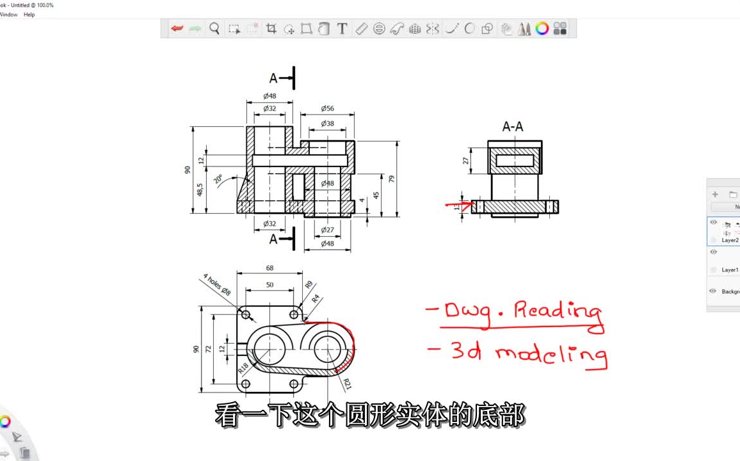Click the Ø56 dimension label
click(327, 109)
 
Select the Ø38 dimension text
click(327, 124)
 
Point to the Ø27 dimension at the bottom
click(327, 230)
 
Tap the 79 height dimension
click(392, 179)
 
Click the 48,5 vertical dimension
click(200, 190)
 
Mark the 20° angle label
click(219, 179)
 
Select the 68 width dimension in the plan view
click(269, 268)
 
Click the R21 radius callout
click(346, 384)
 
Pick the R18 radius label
click(243, 368)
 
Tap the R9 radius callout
click(309, 285)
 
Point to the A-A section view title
click(512, 127)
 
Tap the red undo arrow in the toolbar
click(177, 28)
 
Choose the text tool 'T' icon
click(342, 28)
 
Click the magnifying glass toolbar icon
click(214, 28)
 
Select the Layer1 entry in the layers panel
click(730, 270)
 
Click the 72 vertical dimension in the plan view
click(209, 349)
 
